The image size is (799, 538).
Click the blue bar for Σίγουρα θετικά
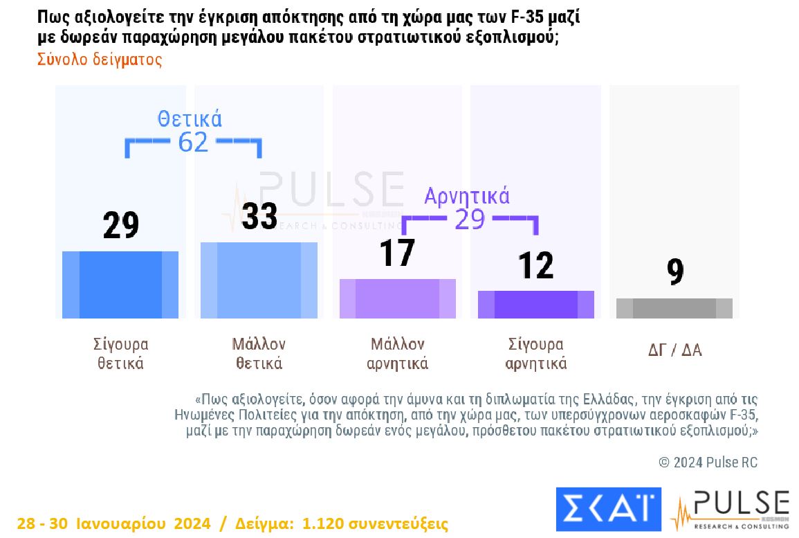[x=120, y=285]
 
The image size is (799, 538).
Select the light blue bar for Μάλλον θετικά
[x=259, y=280]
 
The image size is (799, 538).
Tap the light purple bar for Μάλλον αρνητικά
[x=398, y=298]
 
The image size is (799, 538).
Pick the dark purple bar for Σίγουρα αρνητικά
[x=535, y=305]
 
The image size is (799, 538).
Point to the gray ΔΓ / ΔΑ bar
[x=674, y=308]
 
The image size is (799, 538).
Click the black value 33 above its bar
[x=259, y=216]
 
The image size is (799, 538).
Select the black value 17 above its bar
[x=397, y=253]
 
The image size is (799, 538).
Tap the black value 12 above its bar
[x=535, y=265]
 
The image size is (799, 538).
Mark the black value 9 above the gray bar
[x=675, y=272]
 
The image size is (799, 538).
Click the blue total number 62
[x=193, y=142]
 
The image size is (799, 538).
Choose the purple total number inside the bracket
[x=470, y=219]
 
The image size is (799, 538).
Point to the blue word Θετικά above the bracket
[x=190, y=119]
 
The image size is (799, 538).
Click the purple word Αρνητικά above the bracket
[x=467, y=197]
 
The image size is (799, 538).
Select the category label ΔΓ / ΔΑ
[x=674, y=350]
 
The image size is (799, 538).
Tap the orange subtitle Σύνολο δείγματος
[x=100, y=60]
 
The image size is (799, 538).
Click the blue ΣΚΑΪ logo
[x=608, y=509]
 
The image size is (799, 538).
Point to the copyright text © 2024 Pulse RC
[x=708, y=463]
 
